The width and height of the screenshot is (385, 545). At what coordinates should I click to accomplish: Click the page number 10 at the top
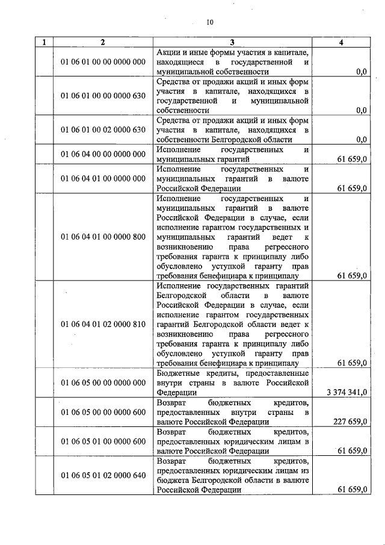point(210,23)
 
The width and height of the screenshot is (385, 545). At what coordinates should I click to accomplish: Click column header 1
point(43,42)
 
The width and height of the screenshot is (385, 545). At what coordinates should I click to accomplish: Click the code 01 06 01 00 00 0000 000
point(103,62)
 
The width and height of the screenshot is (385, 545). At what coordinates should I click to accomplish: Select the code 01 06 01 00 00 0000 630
point(103,96)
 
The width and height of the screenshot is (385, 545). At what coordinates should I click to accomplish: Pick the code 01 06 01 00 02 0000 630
point(103,129)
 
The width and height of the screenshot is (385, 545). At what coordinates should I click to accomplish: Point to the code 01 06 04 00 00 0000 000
point(103,154)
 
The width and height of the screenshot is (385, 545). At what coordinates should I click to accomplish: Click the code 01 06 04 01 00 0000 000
point(103,179)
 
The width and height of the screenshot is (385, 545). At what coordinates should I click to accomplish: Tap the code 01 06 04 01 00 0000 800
point(103,237)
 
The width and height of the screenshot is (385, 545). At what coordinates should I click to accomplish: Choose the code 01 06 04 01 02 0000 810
point(103,325)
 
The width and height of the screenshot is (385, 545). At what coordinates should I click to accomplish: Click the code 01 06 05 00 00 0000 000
point(103,383)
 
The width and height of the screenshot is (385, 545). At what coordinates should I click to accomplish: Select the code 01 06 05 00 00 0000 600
point(103,413)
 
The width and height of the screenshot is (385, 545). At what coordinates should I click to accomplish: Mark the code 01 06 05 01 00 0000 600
point(103,442)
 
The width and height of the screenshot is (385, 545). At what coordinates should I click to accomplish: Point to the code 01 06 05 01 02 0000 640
point(103,476)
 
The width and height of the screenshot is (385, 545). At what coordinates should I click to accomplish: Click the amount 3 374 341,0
point(346,393)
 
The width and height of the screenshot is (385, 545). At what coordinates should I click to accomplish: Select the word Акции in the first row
point(168,52)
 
